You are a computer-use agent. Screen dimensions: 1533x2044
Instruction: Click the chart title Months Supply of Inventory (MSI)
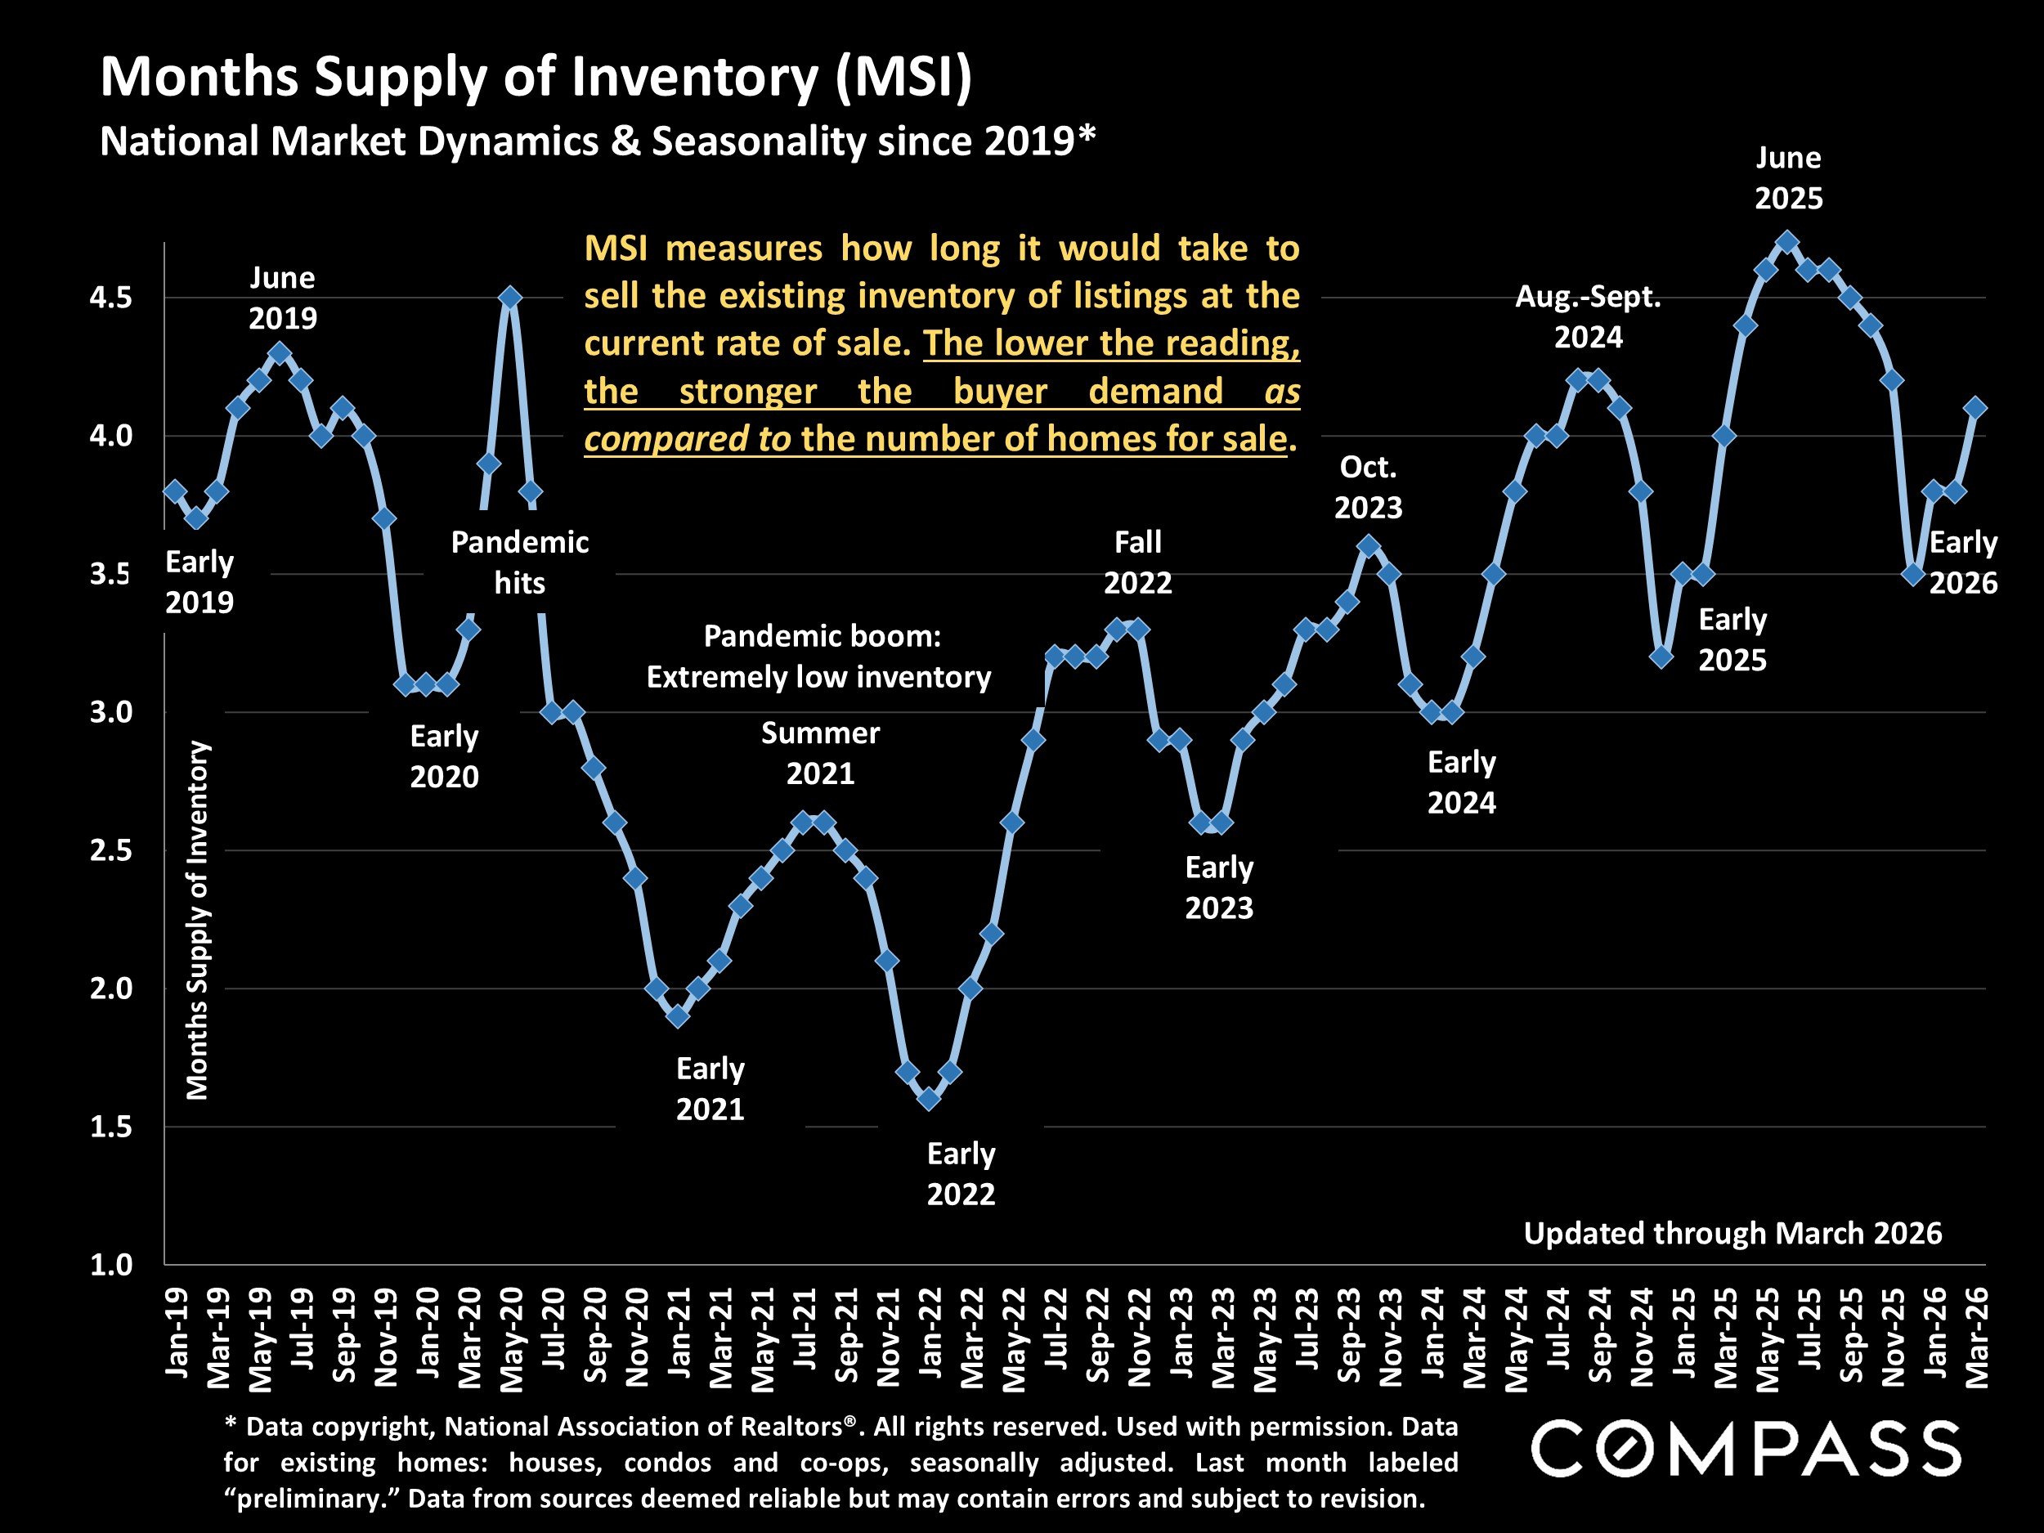click(x=536, y=77)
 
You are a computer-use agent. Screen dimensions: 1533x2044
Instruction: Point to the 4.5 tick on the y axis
click(x=111, y=298)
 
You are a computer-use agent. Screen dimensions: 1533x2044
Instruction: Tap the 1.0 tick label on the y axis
click(x=111, y=1264)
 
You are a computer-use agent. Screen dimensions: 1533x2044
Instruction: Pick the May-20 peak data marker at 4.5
click(x=510, y=298)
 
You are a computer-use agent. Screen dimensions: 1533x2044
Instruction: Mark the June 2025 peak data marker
click(x=1788, y=242)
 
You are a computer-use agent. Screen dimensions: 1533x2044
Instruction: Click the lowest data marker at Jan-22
click(x=930, y=1099)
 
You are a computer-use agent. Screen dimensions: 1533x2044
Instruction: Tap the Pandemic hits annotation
click(x=519, y=562)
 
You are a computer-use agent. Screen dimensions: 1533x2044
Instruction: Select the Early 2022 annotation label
click(x=961, y=1173)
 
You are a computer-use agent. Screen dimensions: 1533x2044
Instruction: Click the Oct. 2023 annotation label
click(x=1369, y=487)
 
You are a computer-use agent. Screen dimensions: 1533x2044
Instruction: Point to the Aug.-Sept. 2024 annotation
click(x=1589, y=317)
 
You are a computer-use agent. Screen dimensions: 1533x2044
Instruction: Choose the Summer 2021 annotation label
click(x=821, y=752)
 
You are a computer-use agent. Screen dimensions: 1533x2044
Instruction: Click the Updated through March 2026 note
click(x=1732, y=1233)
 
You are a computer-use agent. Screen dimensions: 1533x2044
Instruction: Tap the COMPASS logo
click(x=1746, y=1449)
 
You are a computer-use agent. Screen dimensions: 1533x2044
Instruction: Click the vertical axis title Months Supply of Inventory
click(x=198, y=920)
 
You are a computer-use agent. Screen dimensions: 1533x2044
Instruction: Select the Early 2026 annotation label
click(x=1963, y=562)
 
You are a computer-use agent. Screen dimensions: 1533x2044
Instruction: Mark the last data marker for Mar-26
click(x=1975, y=407)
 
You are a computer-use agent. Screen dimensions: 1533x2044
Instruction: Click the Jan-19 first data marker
click(x=175, y=491)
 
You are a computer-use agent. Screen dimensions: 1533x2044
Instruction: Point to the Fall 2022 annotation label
click(x=1137, y=562)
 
